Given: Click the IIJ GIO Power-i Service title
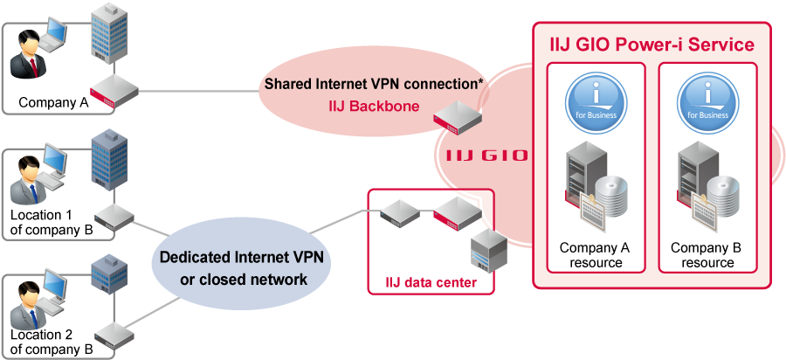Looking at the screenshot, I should click(x=651, y=43).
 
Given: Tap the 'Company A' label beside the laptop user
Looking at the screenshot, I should click(x=53, y=102).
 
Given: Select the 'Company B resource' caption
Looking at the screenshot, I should click(x=706, y=255).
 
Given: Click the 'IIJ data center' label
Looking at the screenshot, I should click(x=431, y=281).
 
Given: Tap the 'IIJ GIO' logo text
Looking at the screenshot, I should click(x=482, y=156).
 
